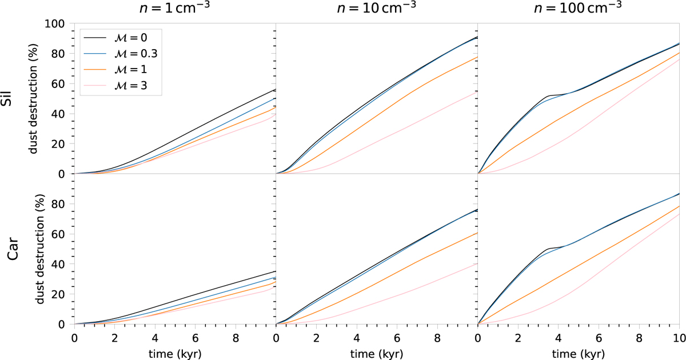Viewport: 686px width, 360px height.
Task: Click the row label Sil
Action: (x=12, y=98)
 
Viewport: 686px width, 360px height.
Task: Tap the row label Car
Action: (x=12, y=249)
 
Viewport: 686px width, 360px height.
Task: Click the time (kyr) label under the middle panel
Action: (x=377, y=353)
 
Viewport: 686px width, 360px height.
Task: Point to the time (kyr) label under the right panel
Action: (x=578, y=353)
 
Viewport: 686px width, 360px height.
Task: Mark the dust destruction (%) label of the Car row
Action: (x=38, y=249)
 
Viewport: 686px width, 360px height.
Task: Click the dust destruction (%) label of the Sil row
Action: (x=38, y=98)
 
